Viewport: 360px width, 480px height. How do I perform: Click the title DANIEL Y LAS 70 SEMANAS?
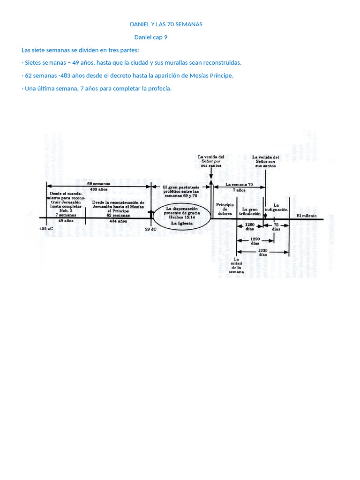tap(166, 24)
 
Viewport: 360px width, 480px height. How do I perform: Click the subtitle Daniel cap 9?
tap(150, 37)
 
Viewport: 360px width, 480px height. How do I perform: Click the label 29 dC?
tap(150, 229)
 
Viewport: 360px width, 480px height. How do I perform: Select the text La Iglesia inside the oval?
tap(181, 224)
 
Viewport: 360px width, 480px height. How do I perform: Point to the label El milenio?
tap(307, 216)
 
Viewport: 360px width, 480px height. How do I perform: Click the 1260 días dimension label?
tap(249, 227)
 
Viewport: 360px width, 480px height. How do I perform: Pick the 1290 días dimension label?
tap(255, 241)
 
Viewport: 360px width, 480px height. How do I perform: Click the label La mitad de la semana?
tap(236, 265)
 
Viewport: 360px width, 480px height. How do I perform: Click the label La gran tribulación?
tap(250, 211)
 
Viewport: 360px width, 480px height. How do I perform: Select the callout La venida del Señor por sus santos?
tap(211, 161)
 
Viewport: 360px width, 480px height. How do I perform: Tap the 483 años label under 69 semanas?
tap(99, 189)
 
